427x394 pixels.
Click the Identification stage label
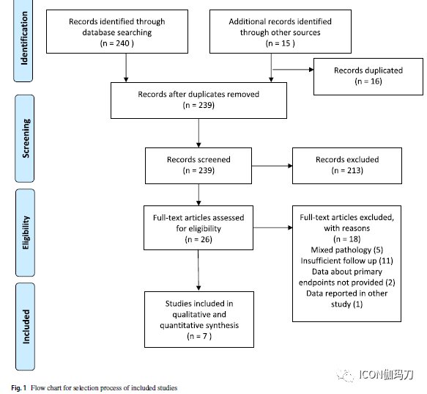[x=24, y=38]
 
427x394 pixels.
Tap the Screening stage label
[x=26, y=139]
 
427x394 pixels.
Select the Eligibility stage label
[x=26, y=233]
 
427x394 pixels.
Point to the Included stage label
[x=26, y=326]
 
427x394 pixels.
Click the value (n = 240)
[x=117, y=43]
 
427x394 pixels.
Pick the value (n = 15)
[x=281, y=43]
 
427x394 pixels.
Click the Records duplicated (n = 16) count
[x=368, y=81]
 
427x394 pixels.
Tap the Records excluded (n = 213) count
[x=347, y=170]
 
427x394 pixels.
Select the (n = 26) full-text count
[x=198, y=240]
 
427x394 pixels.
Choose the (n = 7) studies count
[x=199, y=336]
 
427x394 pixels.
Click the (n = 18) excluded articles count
[x=347, y=239]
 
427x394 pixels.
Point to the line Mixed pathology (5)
[x=347, y=250]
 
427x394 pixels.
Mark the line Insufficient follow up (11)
[x=347, y=261]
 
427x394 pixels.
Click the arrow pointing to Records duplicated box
[x=293, y=70]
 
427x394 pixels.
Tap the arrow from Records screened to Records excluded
[x=272, y=166]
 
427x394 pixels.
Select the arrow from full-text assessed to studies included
[x=198, y=270]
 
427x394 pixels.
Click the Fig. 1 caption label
[x=19, y=387]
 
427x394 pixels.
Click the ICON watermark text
[x=386, y=375]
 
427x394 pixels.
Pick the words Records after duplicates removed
[x=198, y=95]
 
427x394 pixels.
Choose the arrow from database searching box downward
[x=126, y=68]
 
